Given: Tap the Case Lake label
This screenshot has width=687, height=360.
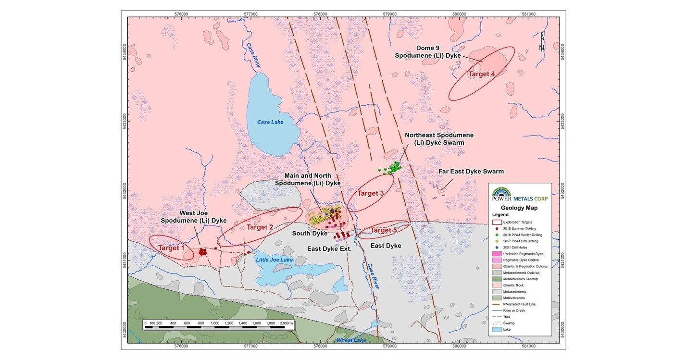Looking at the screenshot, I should click(x=270, y=122).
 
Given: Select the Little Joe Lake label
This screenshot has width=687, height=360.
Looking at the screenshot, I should click(x=274, y=260).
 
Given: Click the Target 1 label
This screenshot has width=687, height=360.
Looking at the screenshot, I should click(x=172, y=248).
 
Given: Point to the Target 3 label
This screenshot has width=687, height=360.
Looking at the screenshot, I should click(x=371, y=193).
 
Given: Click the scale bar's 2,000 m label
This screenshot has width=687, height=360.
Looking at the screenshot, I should click(x=284, y=324).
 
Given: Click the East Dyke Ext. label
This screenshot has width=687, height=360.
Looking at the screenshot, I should click(x=330, y=249).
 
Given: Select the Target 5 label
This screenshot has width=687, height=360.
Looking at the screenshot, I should click(x=384, y=231).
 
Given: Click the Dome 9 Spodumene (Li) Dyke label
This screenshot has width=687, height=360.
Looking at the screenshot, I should click(x=428, y=52).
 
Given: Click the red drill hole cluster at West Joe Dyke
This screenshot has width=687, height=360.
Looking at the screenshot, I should click(x=202, y=251).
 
